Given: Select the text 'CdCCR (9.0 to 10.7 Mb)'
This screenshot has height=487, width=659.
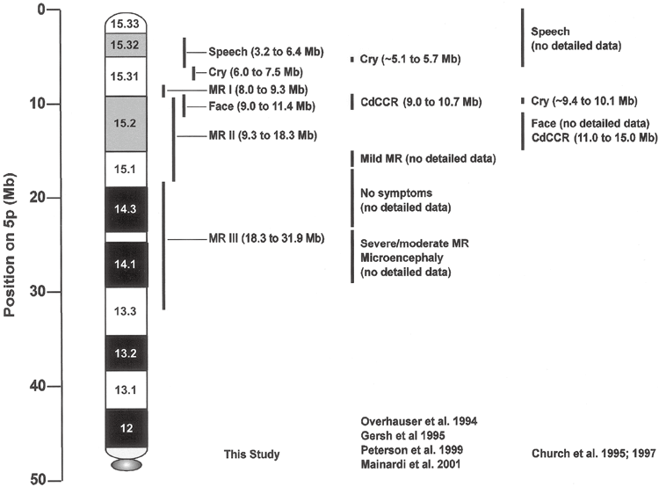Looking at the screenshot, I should coord(421,102).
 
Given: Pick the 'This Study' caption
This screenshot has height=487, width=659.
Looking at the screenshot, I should coord(253,454).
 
